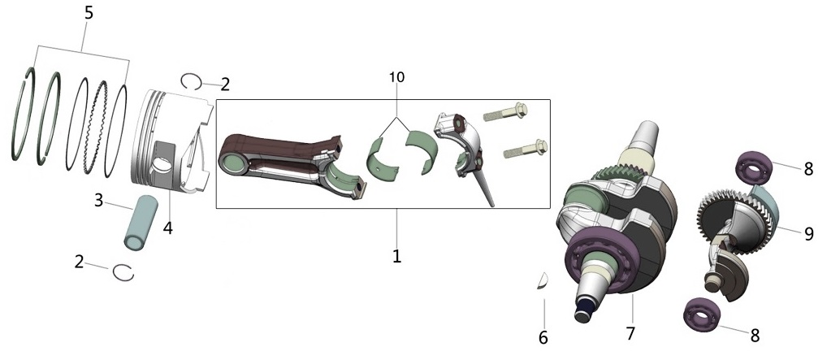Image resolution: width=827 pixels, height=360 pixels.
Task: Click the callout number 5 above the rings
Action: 89,14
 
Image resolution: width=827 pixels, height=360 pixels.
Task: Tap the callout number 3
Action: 98,201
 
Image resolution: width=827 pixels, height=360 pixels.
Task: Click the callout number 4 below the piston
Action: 167,228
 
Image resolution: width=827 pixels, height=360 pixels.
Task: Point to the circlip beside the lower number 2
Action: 123,272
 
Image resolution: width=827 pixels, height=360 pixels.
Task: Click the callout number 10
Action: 396,77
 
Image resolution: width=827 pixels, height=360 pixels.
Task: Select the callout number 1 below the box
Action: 396,256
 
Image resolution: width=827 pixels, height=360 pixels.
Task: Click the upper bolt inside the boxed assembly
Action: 505,112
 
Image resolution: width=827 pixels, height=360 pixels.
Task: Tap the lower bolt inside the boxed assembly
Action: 526,149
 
